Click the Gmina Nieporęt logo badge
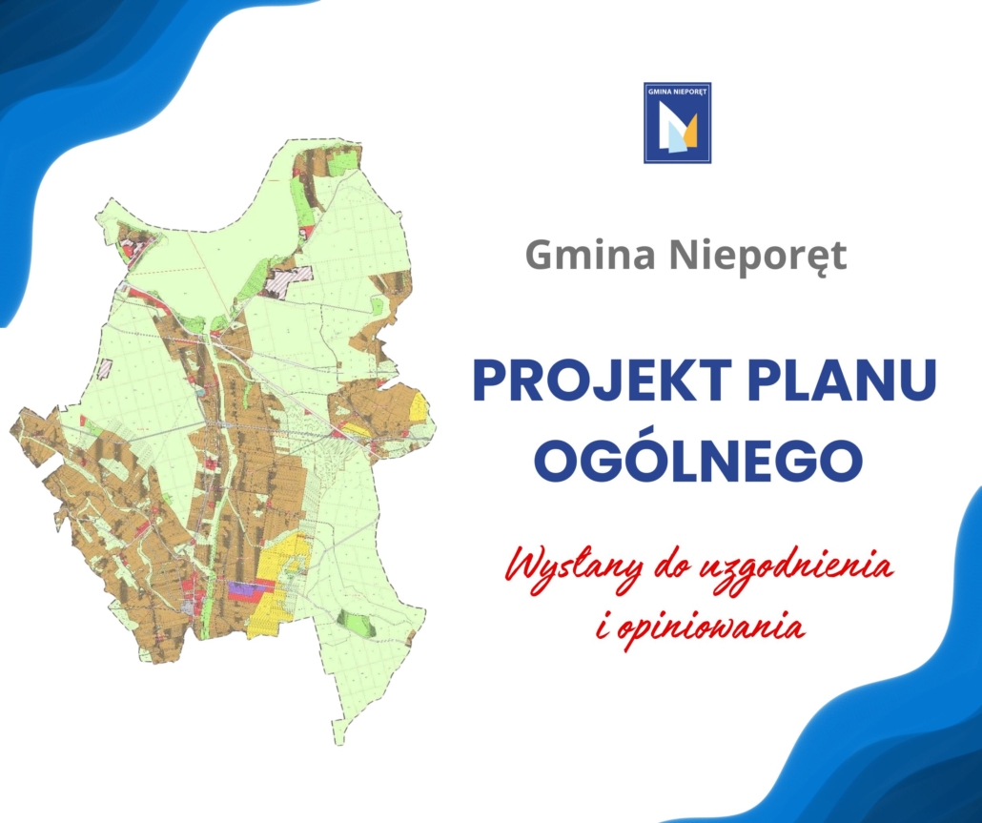678,123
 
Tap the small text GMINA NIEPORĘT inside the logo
678,92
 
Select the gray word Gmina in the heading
590,255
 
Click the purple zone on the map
243,587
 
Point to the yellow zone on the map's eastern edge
419,405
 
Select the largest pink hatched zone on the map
287,280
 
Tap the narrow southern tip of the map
338,732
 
